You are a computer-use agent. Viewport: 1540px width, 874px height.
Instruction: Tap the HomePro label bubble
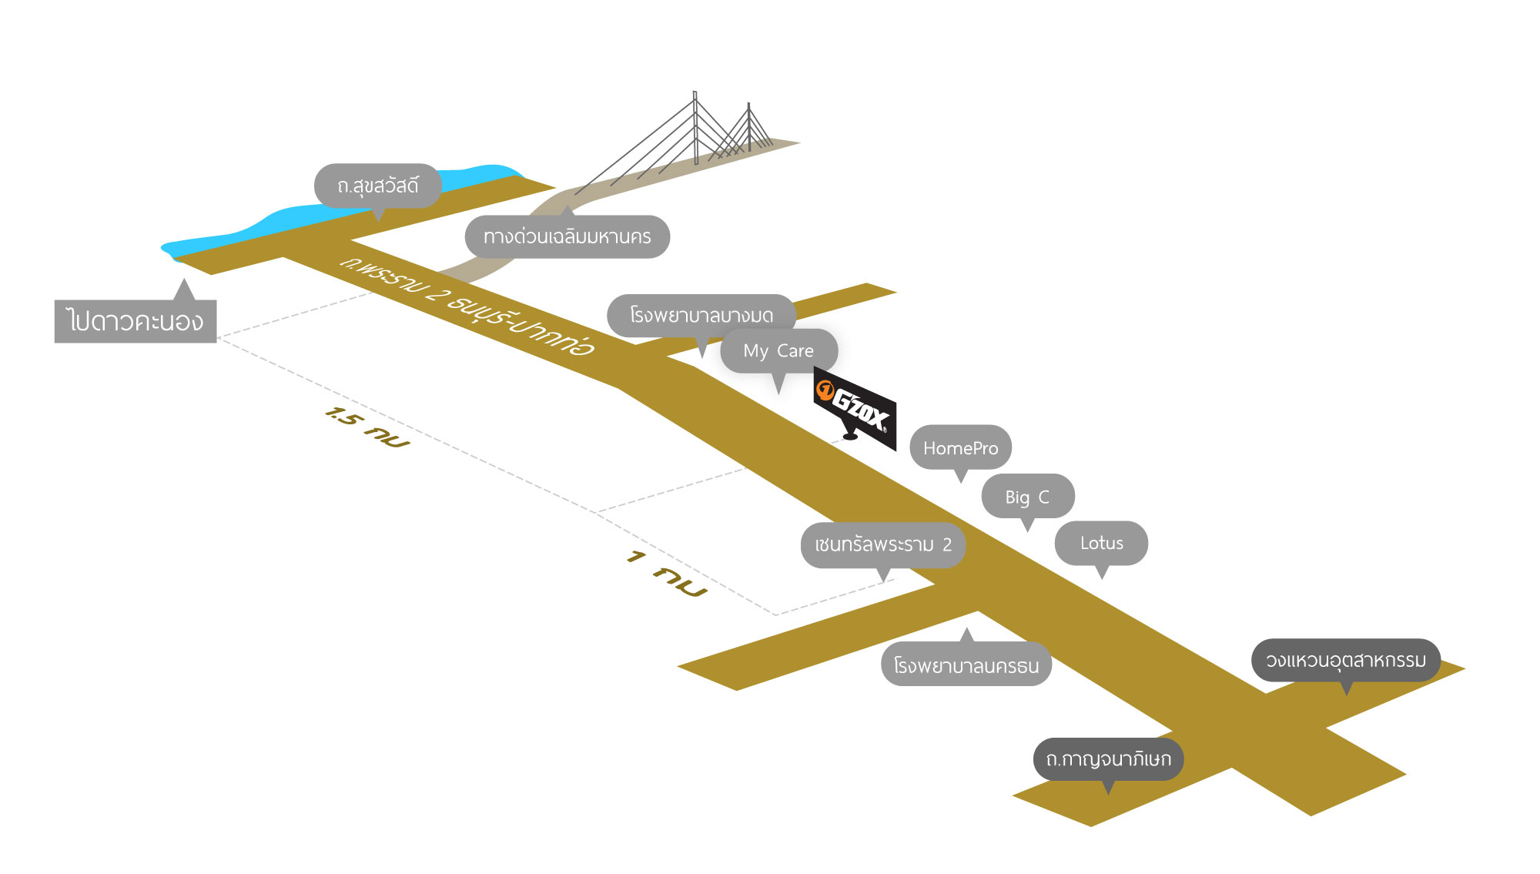(960, 447)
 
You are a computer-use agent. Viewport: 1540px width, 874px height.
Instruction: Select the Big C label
(1027, 497)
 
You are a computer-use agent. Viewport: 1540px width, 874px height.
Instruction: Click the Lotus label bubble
(1101, 543)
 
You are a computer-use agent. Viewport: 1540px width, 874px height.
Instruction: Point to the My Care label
(778, 350)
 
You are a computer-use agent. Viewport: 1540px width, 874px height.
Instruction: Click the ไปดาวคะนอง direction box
(136, 320)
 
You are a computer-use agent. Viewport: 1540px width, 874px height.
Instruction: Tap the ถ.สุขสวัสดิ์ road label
(377, 186)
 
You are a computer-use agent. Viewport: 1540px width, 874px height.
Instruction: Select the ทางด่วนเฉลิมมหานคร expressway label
(567, 236)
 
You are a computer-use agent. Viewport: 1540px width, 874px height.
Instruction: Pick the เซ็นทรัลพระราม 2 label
(882, 544)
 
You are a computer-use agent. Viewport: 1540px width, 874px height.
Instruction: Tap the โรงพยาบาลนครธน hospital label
(966, 665)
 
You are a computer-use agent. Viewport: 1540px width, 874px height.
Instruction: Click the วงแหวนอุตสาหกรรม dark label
(1345, 660)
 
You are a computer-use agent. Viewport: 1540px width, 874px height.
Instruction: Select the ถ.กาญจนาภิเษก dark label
(1108, 758)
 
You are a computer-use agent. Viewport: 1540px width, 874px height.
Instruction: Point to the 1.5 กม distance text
(367, 427)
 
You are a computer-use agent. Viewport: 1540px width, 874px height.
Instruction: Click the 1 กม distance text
(667, 573)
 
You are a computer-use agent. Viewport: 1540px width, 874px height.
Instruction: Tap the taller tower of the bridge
(695, 127)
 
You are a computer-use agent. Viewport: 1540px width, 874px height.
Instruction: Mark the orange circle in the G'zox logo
(825, 390)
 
